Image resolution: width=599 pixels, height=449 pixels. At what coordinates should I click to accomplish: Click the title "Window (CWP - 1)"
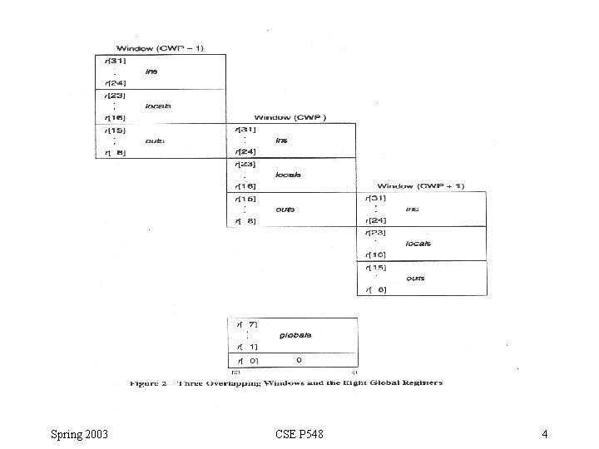(x=160, y=47)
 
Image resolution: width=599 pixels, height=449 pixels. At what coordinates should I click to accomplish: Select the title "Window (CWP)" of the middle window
(x=290, y=117)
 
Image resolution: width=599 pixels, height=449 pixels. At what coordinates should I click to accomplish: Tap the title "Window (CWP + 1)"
(x=421, y=186)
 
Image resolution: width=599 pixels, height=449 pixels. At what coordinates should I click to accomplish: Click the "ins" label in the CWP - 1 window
(x=151, y=72)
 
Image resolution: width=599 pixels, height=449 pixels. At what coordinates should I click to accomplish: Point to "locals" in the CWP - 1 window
(x=157, y=106)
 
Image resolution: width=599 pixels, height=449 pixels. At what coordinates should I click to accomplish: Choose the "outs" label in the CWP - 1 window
(x=155, y=141)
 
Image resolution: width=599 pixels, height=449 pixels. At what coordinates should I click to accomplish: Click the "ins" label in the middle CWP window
(x=282, y=141)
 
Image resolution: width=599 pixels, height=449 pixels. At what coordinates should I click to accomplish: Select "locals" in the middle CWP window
(x=288, y=175)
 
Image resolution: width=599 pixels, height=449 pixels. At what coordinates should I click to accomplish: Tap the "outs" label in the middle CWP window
(x=285, y=210)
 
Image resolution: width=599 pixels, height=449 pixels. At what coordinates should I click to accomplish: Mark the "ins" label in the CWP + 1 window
(x=412, y=209)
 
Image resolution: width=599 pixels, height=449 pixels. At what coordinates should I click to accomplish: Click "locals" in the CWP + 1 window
(x=418, y=244)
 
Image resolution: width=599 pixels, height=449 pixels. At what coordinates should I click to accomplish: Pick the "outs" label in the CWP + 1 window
(x=415, y=278)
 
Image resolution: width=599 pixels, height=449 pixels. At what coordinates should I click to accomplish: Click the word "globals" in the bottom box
(x=295, y=335)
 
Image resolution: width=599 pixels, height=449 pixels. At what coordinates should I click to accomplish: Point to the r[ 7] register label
(x=247, y=323)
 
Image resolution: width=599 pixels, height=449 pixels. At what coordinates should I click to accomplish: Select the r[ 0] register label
(x=247, y=360)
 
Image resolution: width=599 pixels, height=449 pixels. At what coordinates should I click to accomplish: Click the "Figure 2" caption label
(x=149, y=383)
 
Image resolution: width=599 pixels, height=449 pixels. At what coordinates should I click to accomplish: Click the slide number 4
(x=543, y=434)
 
